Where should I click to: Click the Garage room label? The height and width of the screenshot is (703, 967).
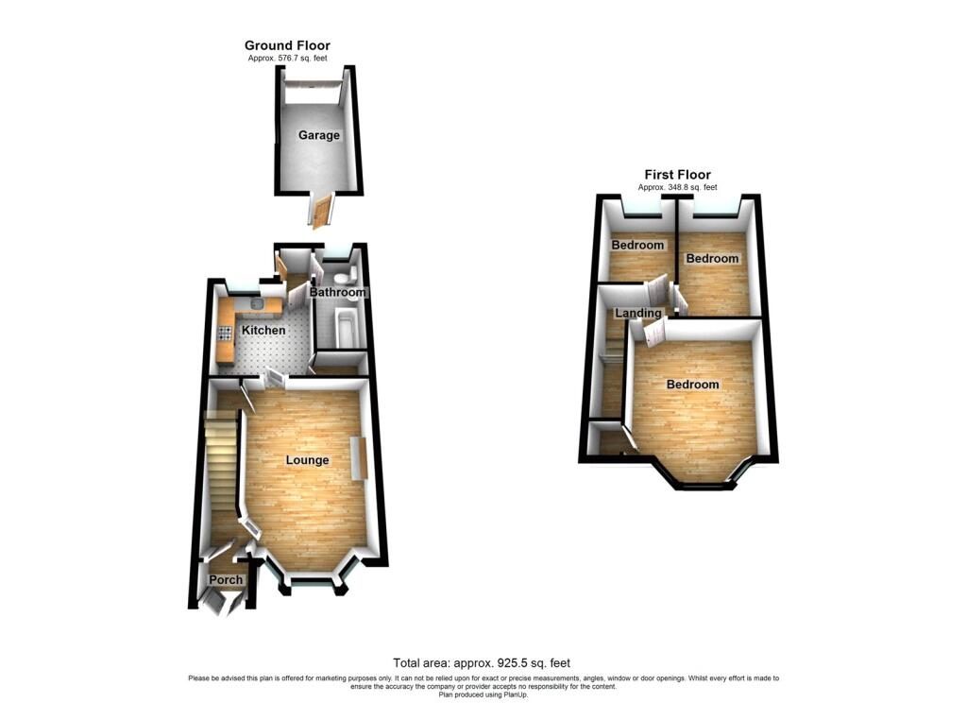(x=319, y=135)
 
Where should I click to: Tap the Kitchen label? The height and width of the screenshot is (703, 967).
(x=263, y=330)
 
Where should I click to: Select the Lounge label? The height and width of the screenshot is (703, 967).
(x=308, y=460)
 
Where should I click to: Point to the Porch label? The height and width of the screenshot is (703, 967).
(x=226, y=580)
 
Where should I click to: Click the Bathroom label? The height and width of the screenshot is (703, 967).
(x=337, y=293)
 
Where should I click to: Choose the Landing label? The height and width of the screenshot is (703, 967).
(x=637, y=313)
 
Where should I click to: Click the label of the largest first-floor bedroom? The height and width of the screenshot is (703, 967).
(x=692, y=385)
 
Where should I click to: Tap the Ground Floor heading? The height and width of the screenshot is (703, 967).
(x=287, y=45)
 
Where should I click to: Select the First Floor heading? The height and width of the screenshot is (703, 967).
(x=677, y=175)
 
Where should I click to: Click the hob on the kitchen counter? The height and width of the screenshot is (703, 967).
(x=225, y=333)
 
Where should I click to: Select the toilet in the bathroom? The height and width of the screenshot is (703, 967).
(x=341, y=275)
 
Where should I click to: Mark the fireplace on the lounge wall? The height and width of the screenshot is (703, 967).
(x=357, y=459)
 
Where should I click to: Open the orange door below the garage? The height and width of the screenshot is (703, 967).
(x=323, y=210)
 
